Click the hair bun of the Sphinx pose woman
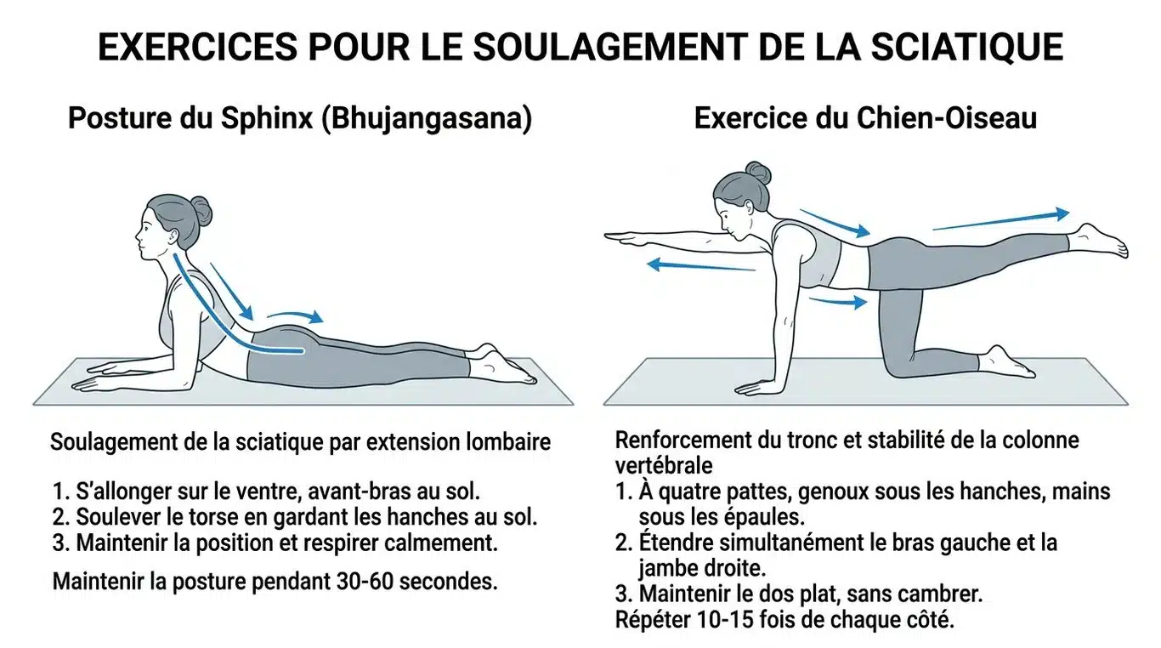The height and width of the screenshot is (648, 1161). click(x=201, y=210)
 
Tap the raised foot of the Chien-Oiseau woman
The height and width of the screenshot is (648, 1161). click(x=1100, y=240)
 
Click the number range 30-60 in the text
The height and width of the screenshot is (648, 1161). click(x=370, y=582)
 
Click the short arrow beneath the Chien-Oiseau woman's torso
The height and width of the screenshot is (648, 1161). click(x=837, y=300)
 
